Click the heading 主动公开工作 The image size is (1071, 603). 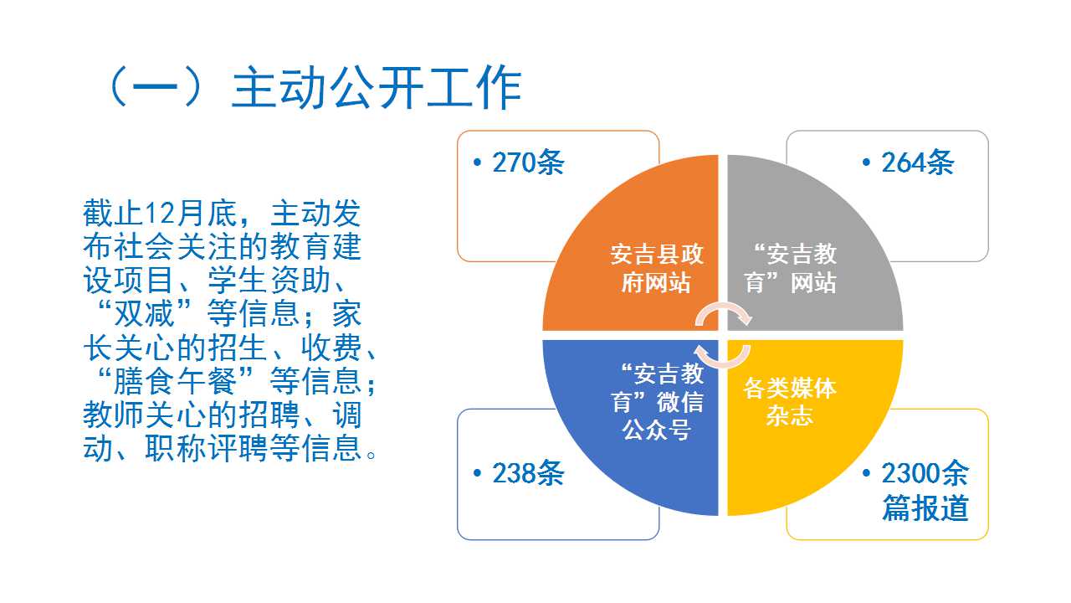point(377,88)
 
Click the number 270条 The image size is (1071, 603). point(528,162)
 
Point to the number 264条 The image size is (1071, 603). point(918,162)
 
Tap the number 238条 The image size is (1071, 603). point(528,473)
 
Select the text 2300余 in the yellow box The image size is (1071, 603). point(925,473)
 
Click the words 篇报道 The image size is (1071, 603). point(925,508)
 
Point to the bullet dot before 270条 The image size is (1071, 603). point(477,162)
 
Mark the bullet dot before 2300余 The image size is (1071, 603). point(866,473)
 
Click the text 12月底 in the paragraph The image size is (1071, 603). point(191,214)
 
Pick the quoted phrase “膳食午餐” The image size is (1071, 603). point(176,381)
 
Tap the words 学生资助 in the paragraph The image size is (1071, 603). point(269,281)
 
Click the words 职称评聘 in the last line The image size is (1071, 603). point(207,448)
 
